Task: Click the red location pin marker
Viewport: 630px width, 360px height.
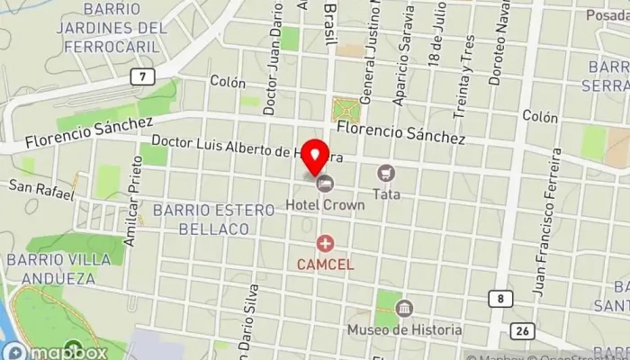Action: pyautogui.click(x=314, y=158)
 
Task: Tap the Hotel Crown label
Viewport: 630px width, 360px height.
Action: pyautogui.click(x=325, y=204)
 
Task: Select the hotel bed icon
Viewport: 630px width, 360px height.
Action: pyautogui.click(x=324, y=185)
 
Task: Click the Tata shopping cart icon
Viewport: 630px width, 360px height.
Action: pyautogui.click(x=386, y=172)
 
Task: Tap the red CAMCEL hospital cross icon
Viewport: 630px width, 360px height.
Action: pyautogui.click(x=325, y=244)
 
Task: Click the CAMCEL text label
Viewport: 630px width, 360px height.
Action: pyautogui.click(x=325, y=264)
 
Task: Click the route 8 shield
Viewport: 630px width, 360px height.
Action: pyautogui.click(x=502, y=298)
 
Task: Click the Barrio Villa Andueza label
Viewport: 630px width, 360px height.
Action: pyautogui.click(x=63, y=270)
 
